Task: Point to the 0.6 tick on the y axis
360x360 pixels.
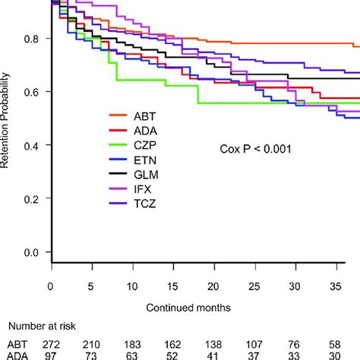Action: coord(33,92)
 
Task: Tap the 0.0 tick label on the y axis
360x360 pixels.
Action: coord(33,252)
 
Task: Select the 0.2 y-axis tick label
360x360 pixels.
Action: coord(33,199)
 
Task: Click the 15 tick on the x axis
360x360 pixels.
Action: coord(173,287)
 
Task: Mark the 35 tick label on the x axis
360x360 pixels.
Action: coord(337,287)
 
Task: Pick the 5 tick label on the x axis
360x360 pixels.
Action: coord(91,287)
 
